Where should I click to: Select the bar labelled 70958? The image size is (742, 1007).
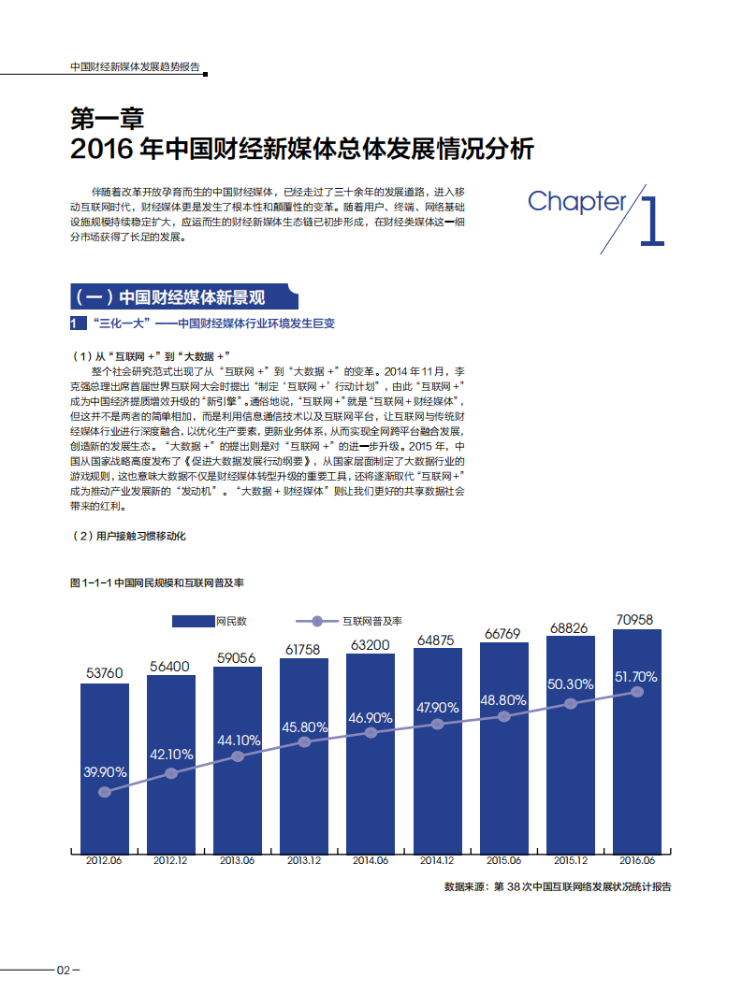637,739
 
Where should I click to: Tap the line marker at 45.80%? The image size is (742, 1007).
304,742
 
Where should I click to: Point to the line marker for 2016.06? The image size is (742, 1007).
637,692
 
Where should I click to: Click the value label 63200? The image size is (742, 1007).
371,644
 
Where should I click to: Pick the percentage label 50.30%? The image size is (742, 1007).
571,684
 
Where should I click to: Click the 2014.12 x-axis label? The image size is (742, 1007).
437,860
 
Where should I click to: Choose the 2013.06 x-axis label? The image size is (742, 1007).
238,860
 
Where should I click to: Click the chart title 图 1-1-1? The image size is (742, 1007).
157,583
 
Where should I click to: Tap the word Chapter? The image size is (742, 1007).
576,201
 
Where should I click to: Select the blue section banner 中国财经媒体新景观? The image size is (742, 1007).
184,297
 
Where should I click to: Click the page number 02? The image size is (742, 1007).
64,970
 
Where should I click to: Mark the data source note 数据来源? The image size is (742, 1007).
558,886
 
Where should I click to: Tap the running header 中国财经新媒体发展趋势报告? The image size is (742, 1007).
136,67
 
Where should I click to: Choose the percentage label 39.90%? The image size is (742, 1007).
105,772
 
